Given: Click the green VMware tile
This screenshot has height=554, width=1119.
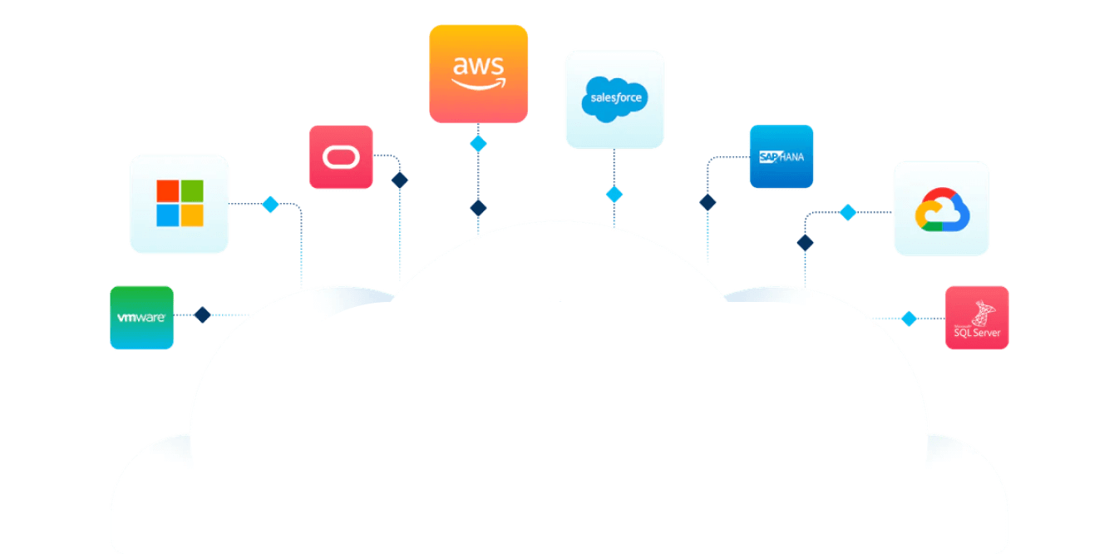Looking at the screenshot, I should pyautogui.click(x=142, y=317).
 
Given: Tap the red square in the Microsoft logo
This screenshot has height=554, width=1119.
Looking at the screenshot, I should pyautogui.click(x=168, y=191).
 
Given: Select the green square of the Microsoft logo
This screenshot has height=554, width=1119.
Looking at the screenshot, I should pyautogui.click(x=192, y=191).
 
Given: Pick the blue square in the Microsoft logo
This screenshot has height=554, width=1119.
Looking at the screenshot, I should pyautogui.click(x=168, y=216).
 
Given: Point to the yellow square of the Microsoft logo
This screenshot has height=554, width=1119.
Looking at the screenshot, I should pyautogui.click(x=192, y=216).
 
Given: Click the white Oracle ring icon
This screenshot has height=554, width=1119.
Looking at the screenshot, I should pyautogui.click(x=340, y=157).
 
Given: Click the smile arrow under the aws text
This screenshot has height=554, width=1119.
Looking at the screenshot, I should pyautogui.click(x=478, y=83).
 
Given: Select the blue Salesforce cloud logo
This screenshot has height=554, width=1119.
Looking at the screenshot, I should pyautogui.click(x=614, y=99).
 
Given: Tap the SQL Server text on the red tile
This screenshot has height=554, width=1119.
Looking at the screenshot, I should pyautogui.click(x=978, y=334).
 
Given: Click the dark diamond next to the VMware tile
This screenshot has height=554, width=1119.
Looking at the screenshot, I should pyautogui.click(x=202, y=315).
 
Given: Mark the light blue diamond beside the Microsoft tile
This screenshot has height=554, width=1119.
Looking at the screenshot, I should pyautogui.click(x=270, y=205).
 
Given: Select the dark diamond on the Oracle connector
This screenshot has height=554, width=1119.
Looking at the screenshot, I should pyautogui.click(x=400, y=180).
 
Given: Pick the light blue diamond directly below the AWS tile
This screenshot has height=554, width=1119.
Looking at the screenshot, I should pyautogui.click(x=478, y=144).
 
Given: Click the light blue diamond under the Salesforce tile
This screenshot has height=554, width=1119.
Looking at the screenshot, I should pyautogui.click(x=614, y=195).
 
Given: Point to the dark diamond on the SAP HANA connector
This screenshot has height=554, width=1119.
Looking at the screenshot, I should pyautogui.click(x=707, y=202).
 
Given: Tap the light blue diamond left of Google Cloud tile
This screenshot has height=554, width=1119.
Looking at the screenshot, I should pyautogui.click(x=847, y=213).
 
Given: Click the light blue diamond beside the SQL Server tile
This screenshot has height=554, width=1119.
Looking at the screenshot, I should pyautogui.click(x=909, y=319).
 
